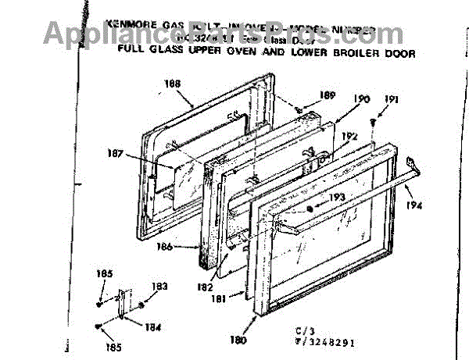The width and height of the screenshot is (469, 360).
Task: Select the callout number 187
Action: click(x=116, y=154)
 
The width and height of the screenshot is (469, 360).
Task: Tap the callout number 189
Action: click(x=328, y=95)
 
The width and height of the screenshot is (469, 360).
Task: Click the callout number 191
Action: click(x=392, y=99)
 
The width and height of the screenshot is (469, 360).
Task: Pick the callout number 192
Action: click(x=349, y=135)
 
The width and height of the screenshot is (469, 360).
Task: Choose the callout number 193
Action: click(x=337, y=197)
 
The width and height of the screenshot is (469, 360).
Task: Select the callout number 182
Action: click(x=205, y=287)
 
